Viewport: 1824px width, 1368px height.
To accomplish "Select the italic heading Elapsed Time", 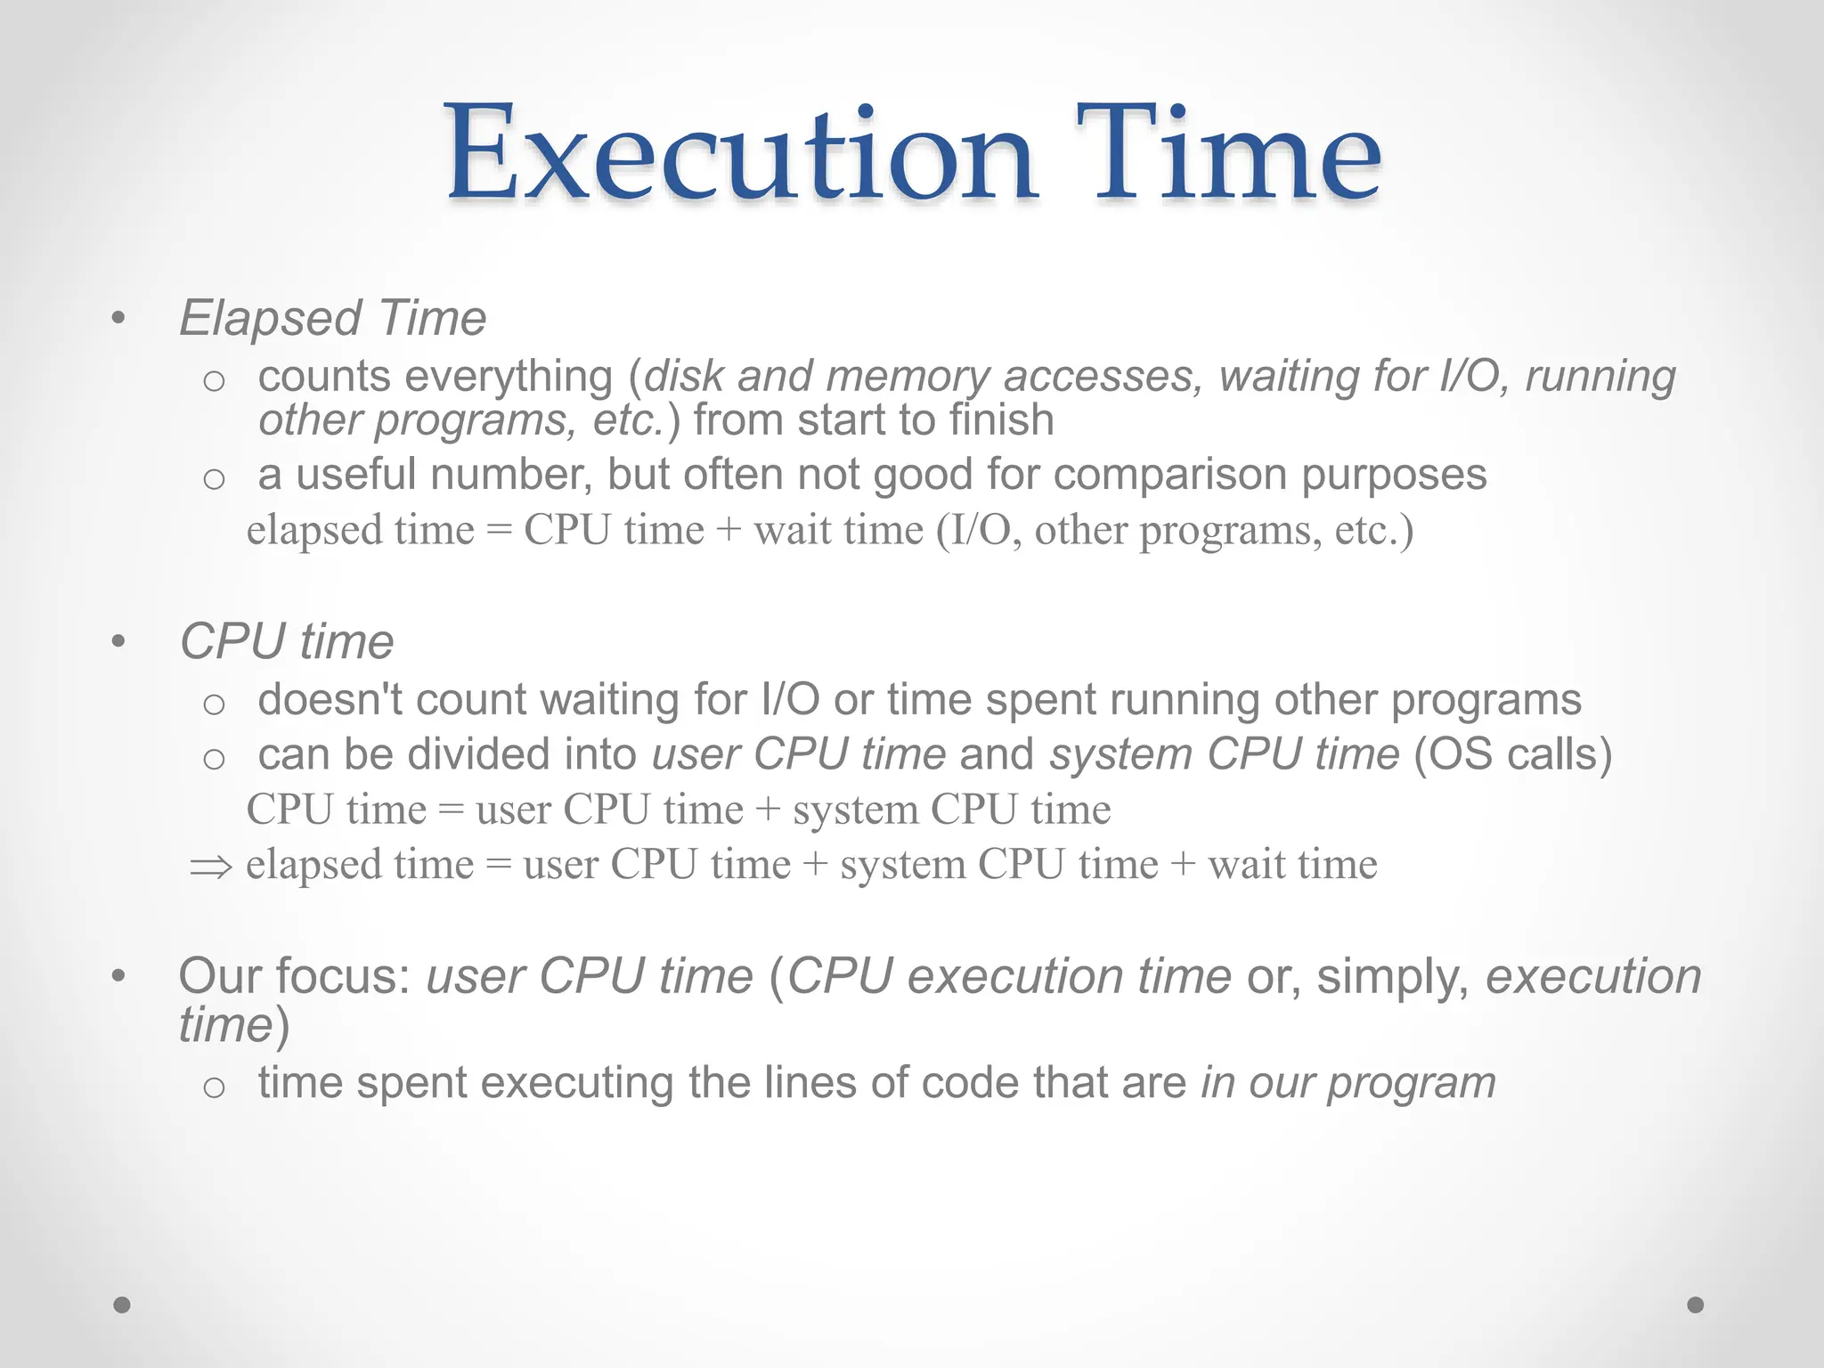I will (x=332, y=318).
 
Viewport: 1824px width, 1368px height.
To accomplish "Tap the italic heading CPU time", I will (x=286, y=641).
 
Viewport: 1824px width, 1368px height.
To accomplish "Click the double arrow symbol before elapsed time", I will (x=211, y=867).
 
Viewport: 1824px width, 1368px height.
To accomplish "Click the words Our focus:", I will (x=294, y=976).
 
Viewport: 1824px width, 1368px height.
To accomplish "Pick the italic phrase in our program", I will (x=1348, y=1084).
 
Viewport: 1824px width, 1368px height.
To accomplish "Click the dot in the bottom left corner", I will (x=122, y=1305).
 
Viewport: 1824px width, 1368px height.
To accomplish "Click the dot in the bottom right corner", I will (x=1696, y=1305).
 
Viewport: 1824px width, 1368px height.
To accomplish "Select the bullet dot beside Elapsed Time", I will (x=118, y=319).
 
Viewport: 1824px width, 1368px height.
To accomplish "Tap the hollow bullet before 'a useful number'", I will (x=214, y=479).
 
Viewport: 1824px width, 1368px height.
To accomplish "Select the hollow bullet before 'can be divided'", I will (x=214, y=759).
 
